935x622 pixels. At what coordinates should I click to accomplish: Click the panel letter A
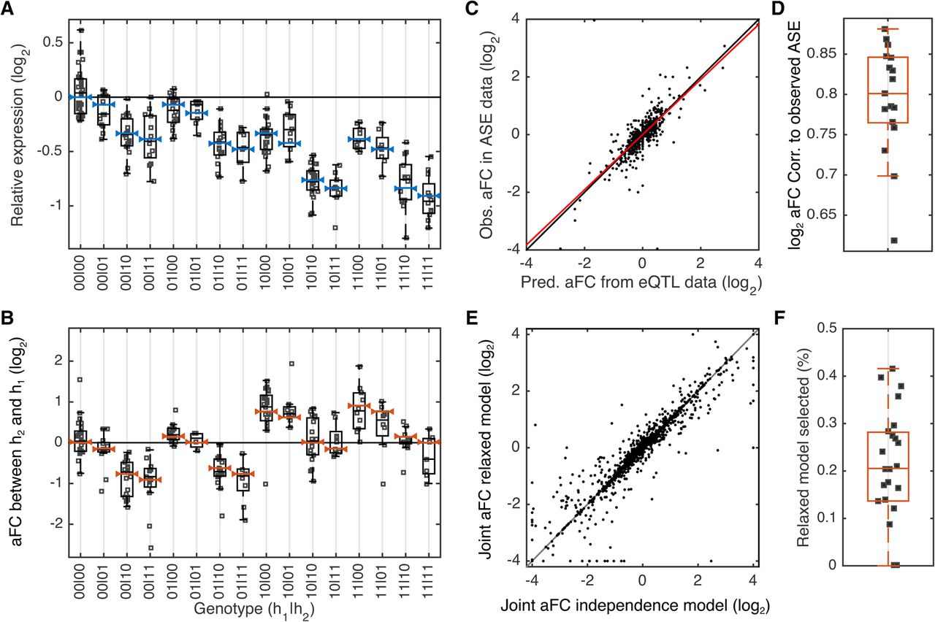pyautogui.click(x=7, y=8)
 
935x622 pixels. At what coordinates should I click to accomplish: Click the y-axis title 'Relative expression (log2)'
pyautogui.click(x=18, y=134)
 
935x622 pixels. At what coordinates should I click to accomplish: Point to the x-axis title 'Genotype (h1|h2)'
pyautogui.click(x=253, y=610)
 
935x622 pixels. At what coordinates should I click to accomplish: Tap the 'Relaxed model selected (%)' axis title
pyautogui.click(x=803, y=447)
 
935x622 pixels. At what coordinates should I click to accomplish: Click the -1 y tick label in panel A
pyautogui.click(x=56, y=206)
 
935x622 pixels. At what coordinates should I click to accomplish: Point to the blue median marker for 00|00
pyautogui.click(x=80, y=97)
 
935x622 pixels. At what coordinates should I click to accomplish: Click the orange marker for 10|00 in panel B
pyautogui.click(x=266, y=411)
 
